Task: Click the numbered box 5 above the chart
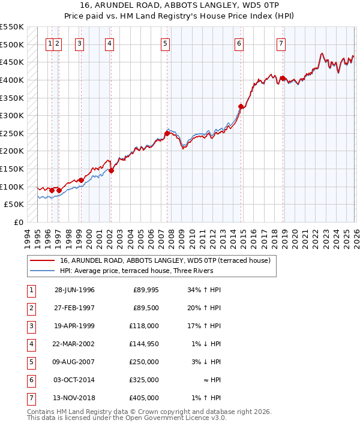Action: (x=165, y=43)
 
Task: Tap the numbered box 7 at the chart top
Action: (x=281, y=43)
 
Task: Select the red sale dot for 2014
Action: (x=241, y=107)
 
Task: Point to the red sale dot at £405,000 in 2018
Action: (x=282, y=78)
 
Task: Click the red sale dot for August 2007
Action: (x=167, y=133)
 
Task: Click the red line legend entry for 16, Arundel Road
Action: (x=165, y=260)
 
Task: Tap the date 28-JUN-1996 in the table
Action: (x=74, y=290)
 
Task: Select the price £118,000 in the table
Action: (x=145, y=326)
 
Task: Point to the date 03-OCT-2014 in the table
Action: (x=74, y=380)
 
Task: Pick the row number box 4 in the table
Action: (x=30, y=344)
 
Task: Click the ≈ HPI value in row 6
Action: (x=209, y=380)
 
